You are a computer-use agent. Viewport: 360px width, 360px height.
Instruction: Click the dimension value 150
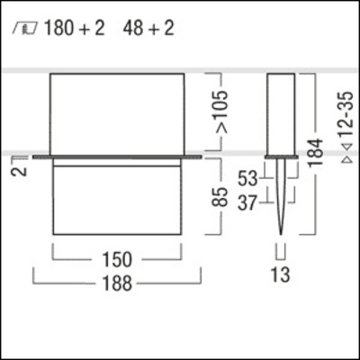pos(118,260)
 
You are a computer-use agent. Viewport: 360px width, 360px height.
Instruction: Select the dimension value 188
pos(118,283)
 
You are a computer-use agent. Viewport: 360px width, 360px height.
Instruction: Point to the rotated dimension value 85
pos(219,198)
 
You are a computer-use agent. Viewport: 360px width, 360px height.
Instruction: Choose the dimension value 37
pos(248,202)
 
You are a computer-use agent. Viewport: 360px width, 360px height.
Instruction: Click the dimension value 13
pos(281,274)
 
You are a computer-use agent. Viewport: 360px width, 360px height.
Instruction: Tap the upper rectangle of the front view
pos(118,112)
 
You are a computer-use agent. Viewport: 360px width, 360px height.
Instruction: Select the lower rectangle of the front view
pos(118,199)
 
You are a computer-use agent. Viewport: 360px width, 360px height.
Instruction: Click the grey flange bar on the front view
pos(118,158)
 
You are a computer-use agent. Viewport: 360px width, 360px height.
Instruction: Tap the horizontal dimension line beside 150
pos(72,260)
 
